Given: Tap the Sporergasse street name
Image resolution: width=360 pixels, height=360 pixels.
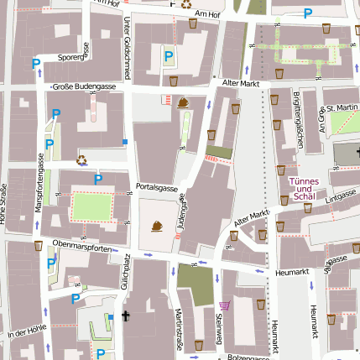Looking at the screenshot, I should [x=73, y=58].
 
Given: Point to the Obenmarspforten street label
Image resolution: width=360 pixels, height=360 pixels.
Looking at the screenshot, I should [x=81, y=248].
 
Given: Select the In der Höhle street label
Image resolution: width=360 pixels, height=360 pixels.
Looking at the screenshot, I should [x=28, y=334].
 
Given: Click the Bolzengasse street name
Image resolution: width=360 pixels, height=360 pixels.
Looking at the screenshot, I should [x=248, y=356].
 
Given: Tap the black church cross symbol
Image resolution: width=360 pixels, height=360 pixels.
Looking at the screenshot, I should [x=126, y=316].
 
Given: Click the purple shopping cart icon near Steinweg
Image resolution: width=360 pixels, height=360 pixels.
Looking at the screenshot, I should [x=223, y=305].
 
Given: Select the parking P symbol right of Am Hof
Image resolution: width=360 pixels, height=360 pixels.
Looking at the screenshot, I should [x=308, y=13].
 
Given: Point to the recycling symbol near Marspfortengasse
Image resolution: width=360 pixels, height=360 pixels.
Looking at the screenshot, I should [x=81, y=159].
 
